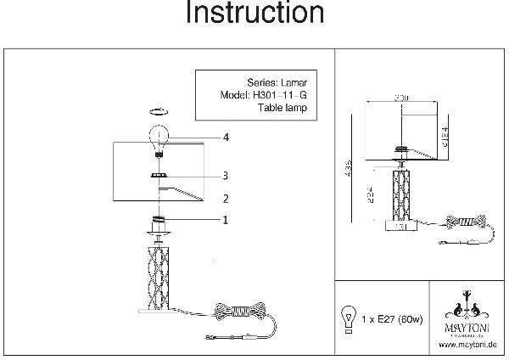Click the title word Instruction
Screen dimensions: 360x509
254,14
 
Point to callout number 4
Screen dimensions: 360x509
227,137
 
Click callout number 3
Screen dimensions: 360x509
226,176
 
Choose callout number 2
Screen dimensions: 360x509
226,200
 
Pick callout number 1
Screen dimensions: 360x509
226,219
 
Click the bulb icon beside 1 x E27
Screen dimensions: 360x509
348,317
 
